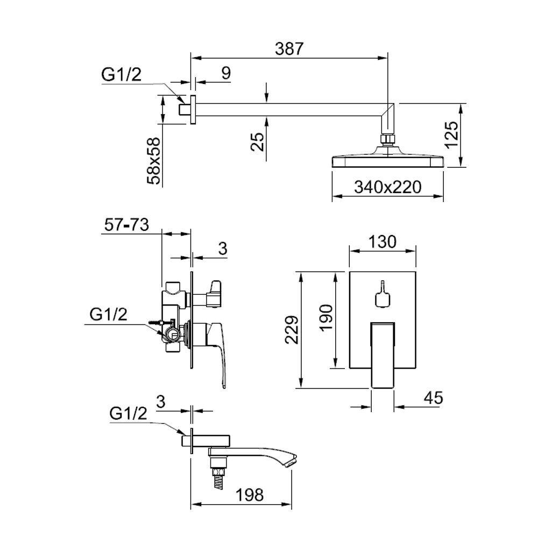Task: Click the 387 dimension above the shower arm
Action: (289, 49)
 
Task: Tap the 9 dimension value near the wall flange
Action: (226, 73)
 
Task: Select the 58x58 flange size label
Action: (155, 161)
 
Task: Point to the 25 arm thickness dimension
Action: (258, 141)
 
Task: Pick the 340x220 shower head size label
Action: (388, 187)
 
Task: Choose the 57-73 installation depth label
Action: (126, 225)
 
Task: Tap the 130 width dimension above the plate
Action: (382, 242)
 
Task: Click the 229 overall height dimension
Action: (292, 330)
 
